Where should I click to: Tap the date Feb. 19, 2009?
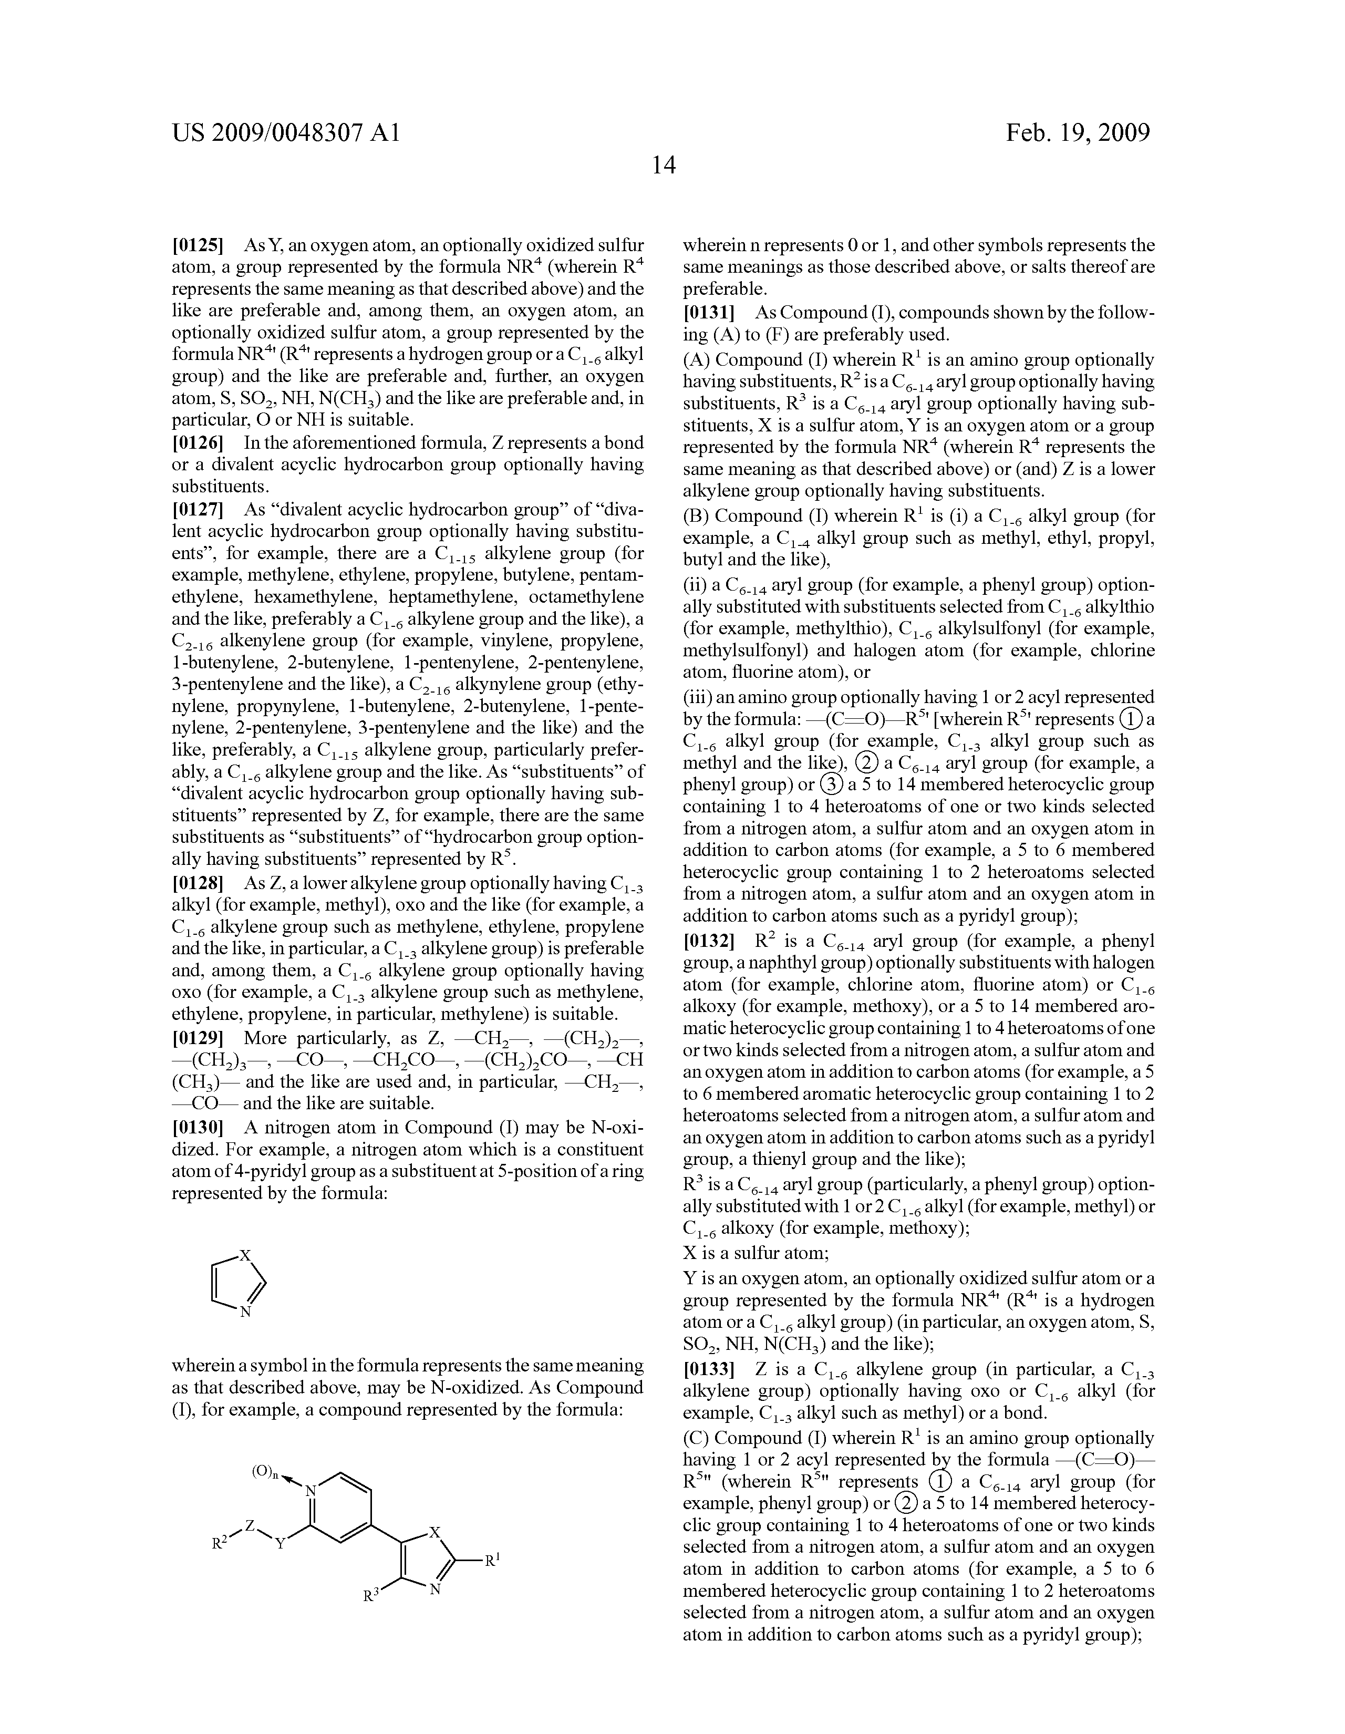(x=1078, y=132)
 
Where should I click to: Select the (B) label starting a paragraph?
(x=696, y=516)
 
